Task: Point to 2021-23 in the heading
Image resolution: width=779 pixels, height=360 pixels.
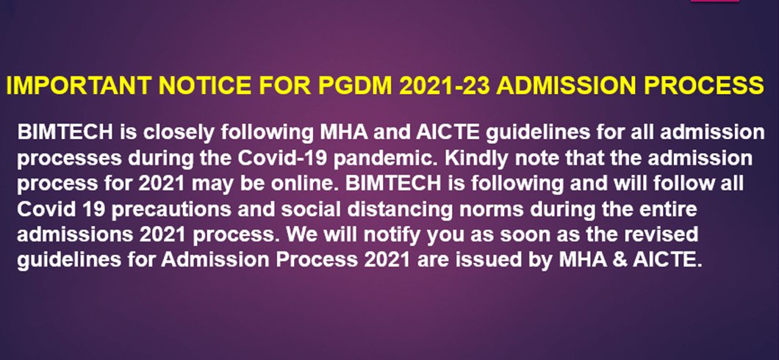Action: pos(445,86)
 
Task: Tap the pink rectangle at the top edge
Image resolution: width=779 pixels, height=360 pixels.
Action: pos(714,1)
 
